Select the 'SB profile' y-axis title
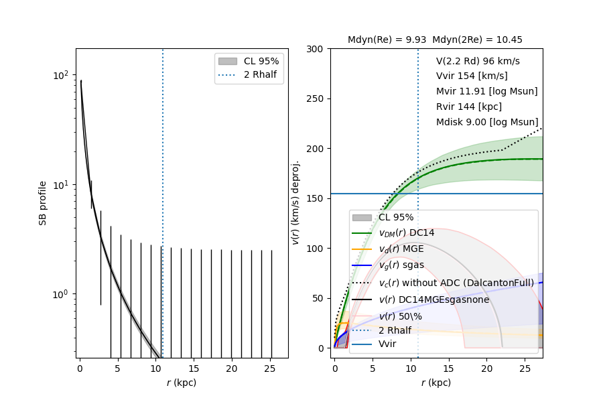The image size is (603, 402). point(43,202)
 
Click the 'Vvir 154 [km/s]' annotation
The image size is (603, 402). point(472,76)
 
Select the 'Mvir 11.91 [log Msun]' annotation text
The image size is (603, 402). point(486,92)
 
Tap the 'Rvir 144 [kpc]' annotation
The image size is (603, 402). point(468,107)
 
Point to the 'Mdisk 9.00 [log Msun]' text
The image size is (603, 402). point(487,123)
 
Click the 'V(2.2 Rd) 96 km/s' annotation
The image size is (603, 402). point(478,61)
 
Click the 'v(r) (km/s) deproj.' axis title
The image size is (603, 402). point(295,202)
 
